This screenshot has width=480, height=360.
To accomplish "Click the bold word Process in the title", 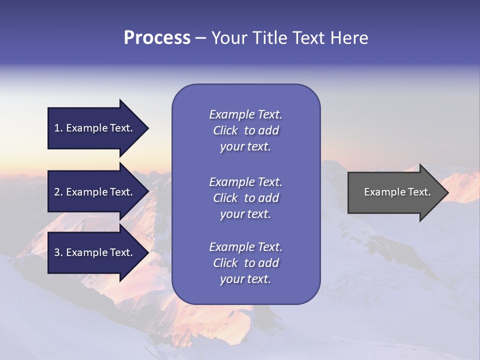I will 157,38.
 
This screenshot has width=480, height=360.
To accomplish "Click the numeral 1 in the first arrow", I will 57,128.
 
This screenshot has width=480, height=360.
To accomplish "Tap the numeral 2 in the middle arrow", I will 57,192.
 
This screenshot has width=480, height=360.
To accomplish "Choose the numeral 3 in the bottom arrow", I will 57,252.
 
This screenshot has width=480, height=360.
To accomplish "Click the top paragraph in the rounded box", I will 245,130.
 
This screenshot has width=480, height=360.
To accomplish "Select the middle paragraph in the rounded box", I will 245,198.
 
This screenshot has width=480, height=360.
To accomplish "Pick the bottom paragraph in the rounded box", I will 245,263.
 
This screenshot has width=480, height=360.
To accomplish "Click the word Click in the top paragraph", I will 225,130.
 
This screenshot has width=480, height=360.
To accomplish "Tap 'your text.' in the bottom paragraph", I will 245,279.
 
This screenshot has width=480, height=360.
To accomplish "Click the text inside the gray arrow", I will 397,192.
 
